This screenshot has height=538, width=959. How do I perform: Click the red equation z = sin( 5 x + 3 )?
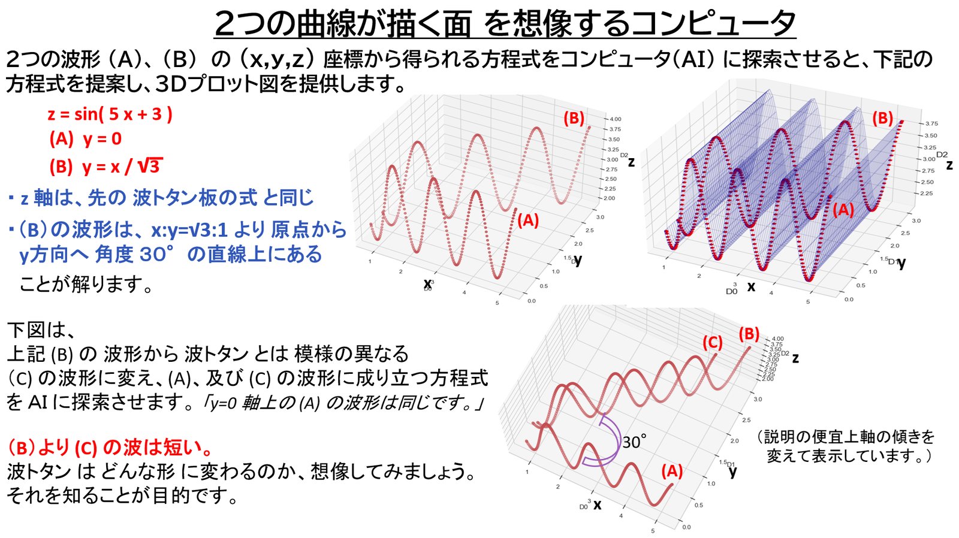click(110, 114)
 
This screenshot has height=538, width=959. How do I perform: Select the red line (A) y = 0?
click(86, 139)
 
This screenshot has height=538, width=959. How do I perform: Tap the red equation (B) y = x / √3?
click(105, 166)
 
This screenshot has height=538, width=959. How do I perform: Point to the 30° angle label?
click(634, 442)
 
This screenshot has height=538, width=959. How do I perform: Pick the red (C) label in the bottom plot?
click(712, 343)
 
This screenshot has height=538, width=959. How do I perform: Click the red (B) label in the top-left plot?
click(574, 118)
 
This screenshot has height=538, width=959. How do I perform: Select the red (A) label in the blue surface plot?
click(843, 210)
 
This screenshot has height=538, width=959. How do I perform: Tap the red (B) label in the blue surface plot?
click(882, 118)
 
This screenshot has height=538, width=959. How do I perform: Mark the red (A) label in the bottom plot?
click(672, 471)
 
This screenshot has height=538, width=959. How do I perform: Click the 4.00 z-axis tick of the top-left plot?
click(615, 119)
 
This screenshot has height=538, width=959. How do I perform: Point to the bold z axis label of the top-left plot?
click(631, 162)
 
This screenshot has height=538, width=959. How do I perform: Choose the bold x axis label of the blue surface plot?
click(751, 286)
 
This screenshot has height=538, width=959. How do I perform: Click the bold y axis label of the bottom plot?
click(732, 471)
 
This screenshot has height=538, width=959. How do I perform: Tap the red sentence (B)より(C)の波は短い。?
click(110, 448)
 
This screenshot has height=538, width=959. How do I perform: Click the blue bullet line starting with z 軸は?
click(161, 197)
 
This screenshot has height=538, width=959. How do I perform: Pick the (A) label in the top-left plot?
click(528, 220)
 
